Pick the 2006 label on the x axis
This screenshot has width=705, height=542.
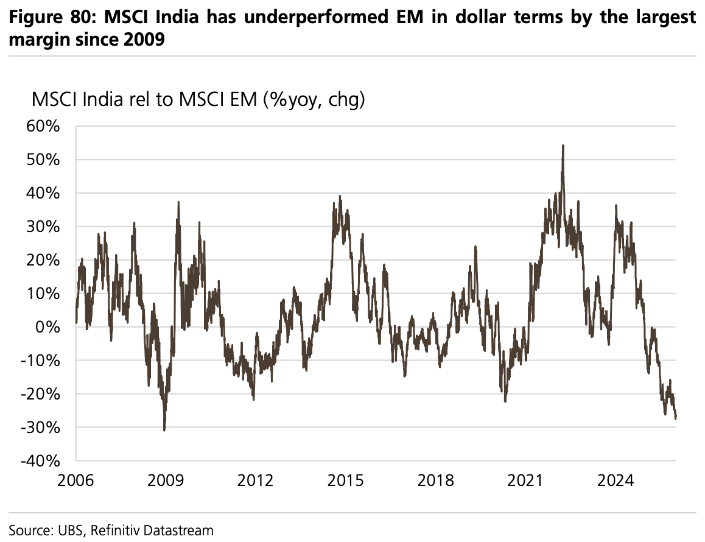[75, 480]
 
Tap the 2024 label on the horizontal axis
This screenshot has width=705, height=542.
[616, 480]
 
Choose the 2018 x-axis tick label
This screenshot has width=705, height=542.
[436, 480]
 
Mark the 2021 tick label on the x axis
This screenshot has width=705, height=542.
[526, 480]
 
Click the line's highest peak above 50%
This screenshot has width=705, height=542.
[563, 146]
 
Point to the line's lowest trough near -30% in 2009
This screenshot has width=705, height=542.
[164, 430]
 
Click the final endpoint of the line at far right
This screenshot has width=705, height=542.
[676, 418]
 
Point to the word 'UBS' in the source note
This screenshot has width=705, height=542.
[72, 530]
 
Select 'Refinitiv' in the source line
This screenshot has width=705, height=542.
[117, 530]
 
